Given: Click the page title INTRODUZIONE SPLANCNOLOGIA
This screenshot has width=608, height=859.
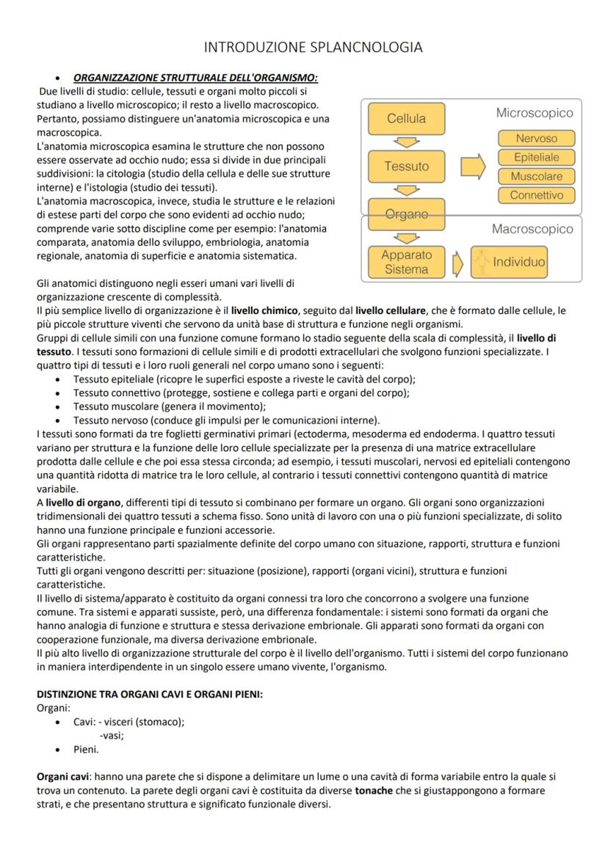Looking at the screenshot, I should click(314, 48).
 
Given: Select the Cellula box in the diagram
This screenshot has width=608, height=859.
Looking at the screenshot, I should click(406, 119).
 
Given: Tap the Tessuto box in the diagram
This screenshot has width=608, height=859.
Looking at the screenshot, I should click(406, 167).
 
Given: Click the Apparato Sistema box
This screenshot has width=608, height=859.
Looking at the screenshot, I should click(406, 262).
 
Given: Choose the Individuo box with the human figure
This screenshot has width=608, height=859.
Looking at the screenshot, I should click(510, 262).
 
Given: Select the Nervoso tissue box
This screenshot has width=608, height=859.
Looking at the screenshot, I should click(537, 138).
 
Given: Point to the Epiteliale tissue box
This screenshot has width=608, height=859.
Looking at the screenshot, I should click(537, 157).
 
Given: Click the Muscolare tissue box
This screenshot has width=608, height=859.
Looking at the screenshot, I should click(537, 176).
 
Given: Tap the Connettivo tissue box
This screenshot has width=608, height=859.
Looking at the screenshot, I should click(537, 195).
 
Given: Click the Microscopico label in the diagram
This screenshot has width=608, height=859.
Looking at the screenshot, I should click(535, 113).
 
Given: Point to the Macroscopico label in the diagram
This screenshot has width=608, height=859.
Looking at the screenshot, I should click(532, 229).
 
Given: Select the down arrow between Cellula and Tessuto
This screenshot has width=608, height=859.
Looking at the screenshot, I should click(406, 142).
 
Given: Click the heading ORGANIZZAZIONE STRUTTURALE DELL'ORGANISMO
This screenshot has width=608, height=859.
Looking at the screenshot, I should click(195, 77).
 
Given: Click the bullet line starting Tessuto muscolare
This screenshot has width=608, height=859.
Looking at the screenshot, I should click(170, 406).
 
